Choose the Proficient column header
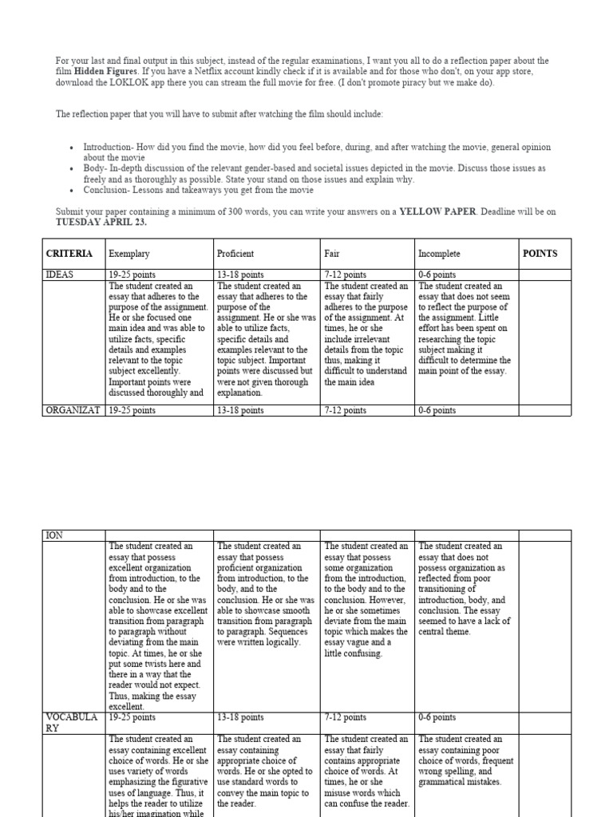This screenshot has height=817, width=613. tap(235, 254)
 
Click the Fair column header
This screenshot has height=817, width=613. tap(332, 254)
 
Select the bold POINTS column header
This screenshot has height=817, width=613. tap(540, 254)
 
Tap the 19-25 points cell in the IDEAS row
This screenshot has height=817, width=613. tap(132, 274)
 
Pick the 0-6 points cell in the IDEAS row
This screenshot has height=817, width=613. tap(437, 274)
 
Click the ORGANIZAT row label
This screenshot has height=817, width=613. tap(73, 410)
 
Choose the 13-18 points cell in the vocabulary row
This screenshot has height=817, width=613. tap(240, 717)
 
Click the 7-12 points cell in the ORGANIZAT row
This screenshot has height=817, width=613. tap(346, 410)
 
